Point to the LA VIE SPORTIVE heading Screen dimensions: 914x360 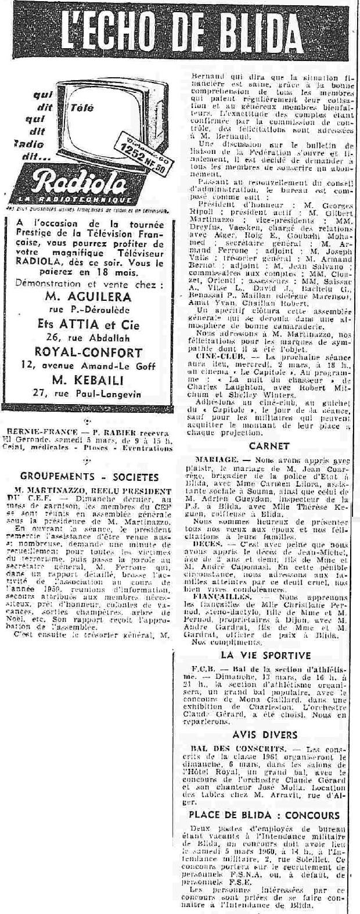click(265, 655)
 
